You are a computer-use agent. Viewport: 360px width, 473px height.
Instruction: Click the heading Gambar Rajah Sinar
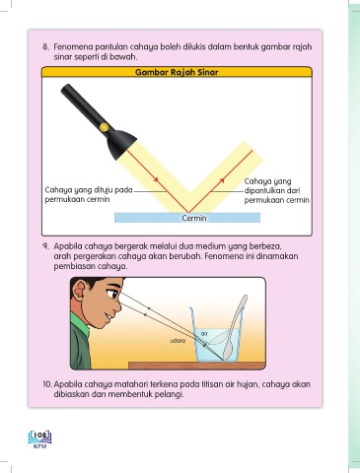[177, 72]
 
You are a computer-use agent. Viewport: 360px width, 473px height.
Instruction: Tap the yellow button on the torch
[104, 127]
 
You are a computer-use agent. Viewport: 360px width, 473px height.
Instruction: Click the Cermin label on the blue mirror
[194, 218]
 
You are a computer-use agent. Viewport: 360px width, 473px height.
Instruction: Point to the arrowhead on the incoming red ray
[156, 179]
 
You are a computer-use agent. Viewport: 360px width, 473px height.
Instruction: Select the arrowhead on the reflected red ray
[222, 179]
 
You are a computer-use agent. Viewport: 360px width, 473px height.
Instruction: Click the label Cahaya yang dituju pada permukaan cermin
[89, 194]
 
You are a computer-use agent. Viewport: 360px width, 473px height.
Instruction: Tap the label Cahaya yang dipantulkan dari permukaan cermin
[276, 190]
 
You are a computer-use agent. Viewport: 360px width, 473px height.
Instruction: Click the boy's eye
[114, 293]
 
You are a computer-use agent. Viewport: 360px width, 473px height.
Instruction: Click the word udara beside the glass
[178, 341]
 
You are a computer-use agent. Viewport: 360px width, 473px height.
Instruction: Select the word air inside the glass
[204, 334]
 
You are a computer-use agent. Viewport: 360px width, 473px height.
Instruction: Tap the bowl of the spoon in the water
[228, 350]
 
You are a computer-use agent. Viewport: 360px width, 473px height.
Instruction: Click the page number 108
[40, 436]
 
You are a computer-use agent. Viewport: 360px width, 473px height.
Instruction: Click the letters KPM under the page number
[40, 446]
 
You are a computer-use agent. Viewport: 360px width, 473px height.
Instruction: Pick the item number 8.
[46, 46]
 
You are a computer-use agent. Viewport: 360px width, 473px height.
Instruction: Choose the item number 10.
[47, 384]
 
